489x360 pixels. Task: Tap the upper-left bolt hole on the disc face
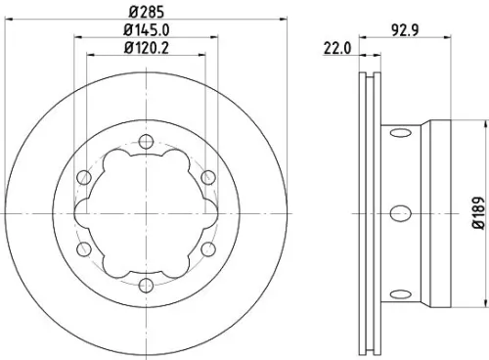click(84, 176)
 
